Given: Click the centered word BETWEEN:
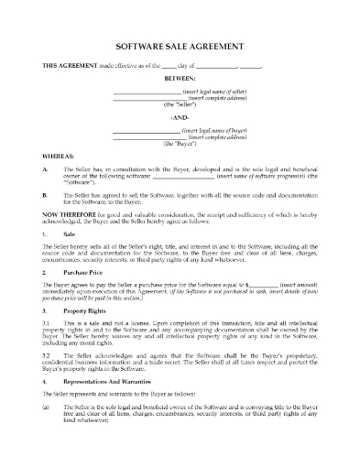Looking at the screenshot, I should point(180,79).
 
